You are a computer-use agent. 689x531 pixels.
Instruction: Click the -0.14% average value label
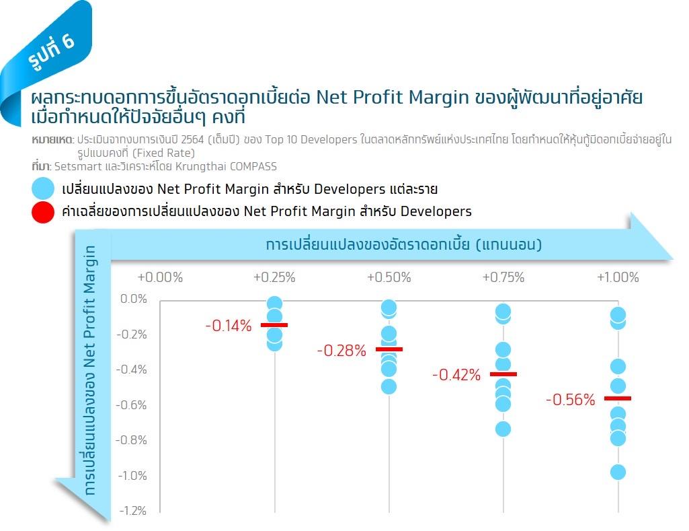228,326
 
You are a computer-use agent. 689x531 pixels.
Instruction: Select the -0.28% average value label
341,351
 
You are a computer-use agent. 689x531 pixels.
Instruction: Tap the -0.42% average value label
456,376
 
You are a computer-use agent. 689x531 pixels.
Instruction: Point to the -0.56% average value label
571,400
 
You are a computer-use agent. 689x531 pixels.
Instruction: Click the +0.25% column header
274,277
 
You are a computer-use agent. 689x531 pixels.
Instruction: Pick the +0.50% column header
389,277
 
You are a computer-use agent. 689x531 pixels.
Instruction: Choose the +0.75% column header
503,277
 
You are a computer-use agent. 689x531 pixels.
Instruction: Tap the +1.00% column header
617,277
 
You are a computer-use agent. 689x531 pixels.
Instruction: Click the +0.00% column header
160,277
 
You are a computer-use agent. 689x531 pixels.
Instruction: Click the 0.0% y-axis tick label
133,299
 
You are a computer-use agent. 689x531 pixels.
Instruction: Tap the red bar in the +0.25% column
274,325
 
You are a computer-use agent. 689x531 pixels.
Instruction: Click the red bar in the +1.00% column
618,398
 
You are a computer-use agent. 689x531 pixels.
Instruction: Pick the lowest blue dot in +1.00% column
618,472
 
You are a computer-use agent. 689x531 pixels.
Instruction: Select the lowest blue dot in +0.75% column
503,429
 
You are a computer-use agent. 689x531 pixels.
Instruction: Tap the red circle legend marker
42,211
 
